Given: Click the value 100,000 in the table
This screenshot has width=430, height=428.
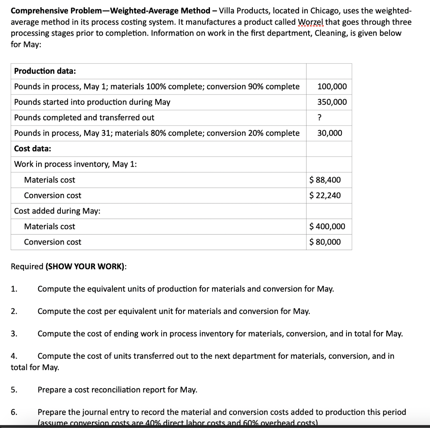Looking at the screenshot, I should (x=332, y=86).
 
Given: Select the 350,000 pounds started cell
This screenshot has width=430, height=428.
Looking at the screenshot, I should (x=332, y=102).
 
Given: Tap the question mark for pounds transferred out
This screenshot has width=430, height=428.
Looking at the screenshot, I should (x=320, y=117).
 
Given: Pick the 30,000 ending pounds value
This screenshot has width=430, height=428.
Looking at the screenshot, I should (x=330, y=133).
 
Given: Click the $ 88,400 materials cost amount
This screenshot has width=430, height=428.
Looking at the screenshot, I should (x=325, y=180).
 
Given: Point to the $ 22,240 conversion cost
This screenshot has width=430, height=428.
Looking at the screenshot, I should (x=325, y=195).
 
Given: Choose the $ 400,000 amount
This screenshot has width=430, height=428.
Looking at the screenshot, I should (x=327, y=226).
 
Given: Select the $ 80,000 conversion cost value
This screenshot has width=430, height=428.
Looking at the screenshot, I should (x=325, y=242).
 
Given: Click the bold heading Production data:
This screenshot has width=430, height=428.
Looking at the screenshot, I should (x=45, y=71).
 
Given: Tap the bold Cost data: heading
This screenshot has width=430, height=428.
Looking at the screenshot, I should (x=32, y=149).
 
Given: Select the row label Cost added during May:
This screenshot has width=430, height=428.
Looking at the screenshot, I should (x=57, y=211).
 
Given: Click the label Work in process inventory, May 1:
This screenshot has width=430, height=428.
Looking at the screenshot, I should (x=76, y=164).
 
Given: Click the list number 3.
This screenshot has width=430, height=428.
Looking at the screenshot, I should (x=14, y=334).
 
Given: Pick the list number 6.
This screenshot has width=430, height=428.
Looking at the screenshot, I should (x=14, y=412).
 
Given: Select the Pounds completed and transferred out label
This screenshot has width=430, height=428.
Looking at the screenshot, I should (x=84, y=117).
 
